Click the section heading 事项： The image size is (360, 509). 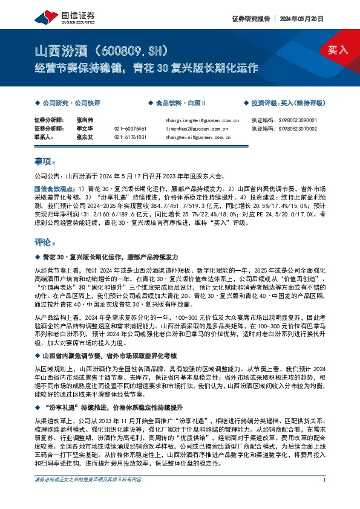(45, 163)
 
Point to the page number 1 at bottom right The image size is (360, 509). (325, 496)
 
